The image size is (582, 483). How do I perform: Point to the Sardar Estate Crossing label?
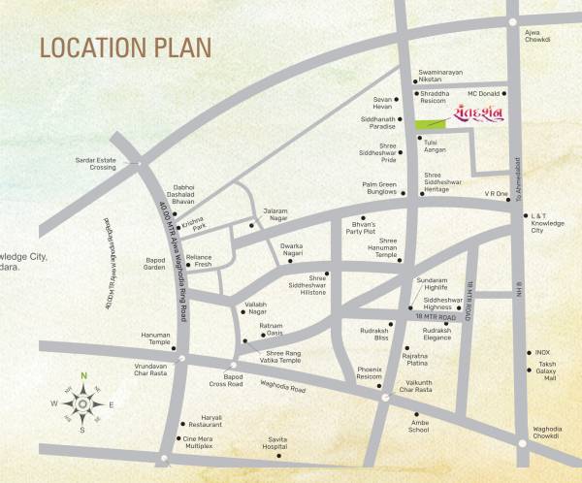pos(96,164)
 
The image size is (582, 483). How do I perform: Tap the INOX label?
pos(543,353)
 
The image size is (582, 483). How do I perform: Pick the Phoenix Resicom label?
pos(369,373)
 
